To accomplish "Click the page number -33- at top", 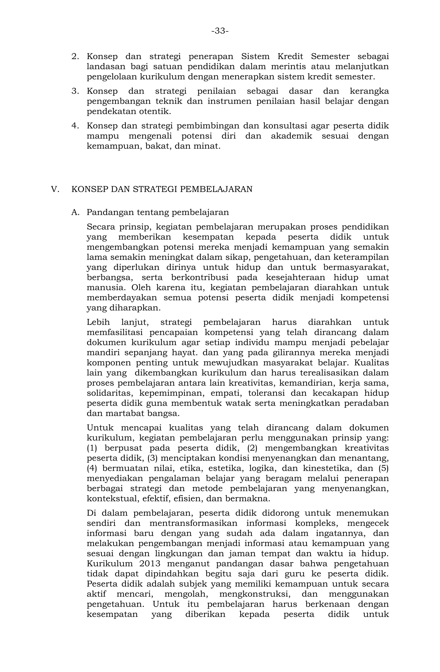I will tap(220, 31).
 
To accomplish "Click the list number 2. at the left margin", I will tap(75, 56).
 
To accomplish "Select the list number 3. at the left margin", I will tap(75, 91).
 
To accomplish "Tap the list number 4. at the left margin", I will tap(75, 126).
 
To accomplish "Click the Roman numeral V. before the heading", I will tap(55, 189).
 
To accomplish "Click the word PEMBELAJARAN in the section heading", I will tap(216, 189).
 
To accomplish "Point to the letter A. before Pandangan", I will tap(75, 212).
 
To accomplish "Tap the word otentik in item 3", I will tap(155, 111).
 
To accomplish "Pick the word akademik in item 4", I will tap(292, 136).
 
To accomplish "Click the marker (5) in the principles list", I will tap(383, 468).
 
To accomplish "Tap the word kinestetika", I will tap(327, 468).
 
